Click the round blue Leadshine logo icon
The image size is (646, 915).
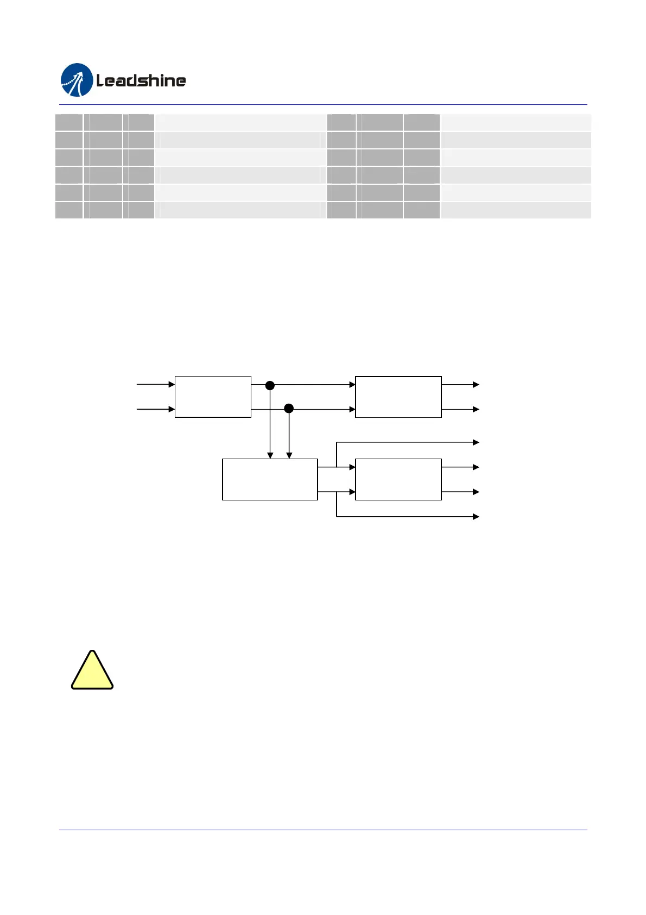point(77,80)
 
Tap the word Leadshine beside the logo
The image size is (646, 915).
point(141,81)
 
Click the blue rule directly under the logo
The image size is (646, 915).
point(323,104)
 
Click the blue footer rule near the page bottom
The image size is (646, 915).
point(323,830)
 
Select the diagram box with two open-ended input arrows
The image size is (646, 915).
point(213,397)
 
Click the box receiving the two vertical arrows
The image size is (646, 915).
point(270,479)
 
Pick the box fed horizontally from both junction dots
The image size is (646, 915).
point(398,397)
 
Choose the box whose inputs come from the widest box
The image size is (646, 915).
point(398,479)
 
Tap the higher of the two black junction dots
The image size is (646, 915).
point(270,385)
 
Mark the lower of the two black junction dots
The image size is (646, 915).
point(289,408)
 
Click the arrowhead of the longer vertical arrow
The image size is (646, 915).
point(270,456)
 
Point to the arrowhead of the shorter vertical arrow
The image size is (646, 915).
point(289,456)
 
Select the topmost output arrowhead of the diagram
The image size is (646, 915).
point(476,385)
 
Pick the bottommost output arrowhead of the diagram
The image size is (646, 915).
point(476,516)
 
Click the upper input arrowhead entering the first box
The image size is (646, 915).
point(172,384)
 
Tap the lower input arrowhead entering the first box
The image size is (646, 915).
point(172,409)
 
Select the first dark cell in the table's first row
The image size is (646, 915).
point(69,122)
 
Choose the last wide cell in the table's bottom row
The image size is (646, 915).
point(516,210)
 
